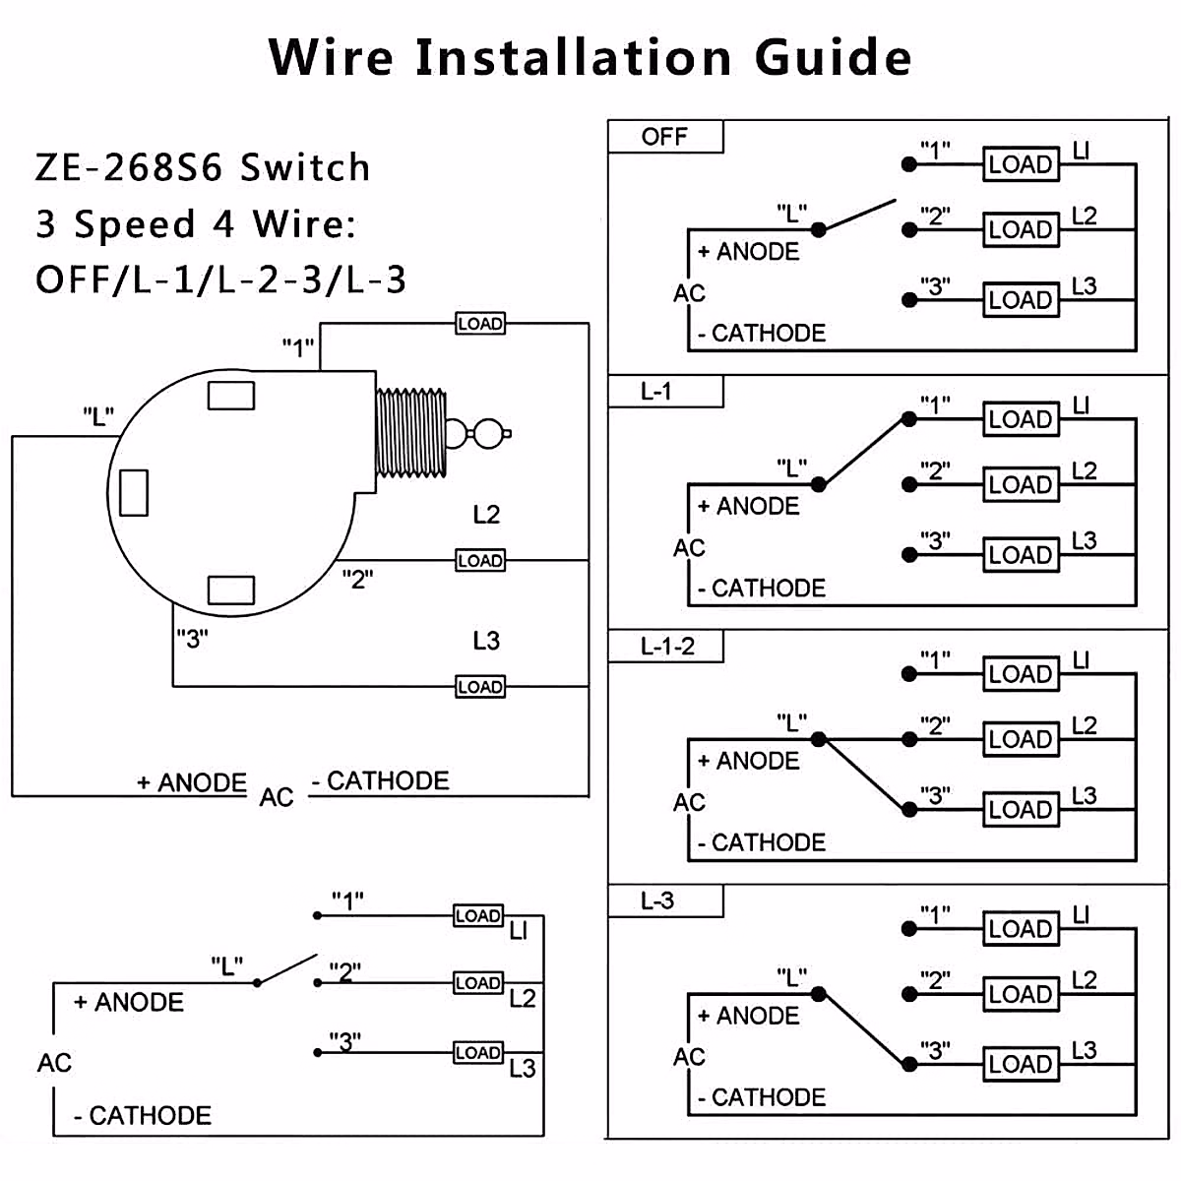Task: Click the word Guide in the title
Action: (833, 57)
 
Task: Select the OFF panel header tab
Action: (664, 137)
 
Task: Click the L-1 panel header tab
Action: (656, 392)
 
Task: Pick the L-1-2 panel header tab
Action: (666, 647)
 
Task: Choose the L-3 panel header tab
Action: (657, 901)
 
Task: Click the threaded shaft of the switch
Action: (410, 433)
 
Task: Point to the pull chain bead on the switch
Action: (488, 433)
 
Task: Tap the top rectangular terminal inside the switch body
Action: (231, 396)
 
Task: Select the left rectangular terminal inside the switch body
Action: (134, 492)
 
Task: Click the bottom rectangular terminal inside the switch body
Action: (231, 590)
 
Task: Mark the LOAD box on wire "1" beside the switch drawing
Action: (480, 324)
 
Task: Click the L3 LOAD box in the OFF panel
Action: (1022, 300)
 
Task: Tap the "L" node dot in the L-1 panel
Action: (818, 484)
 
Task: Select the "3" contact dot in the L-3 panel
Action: (908, 1064)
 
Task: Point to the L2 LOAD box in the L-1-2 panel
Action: (1022, 739)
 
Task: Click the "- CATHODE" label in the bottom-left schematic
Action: (143, 1116)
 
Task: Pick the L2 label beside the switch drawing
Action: (486, 515)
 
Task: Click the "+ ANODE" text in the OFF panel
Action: (748, 252)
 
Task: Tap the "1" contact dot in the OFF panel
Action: (908, 164)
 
